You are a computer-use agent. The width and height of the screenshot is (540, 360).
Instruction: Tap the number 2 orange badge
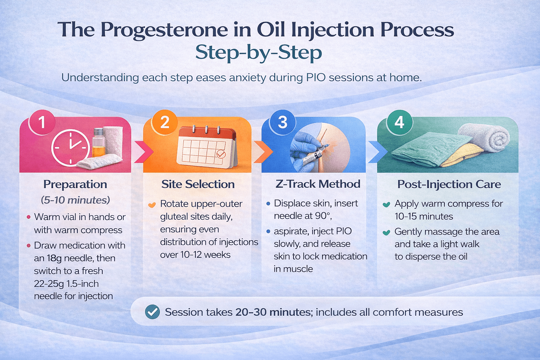pyautogui.click(x=165, y=122)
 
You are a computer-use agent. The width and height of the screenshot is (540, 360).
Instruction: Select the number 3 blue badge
pyautogui.click(x=282, y=122)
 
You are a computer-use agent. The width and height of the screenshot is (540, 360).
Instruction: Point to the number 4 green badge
pyautogui.click(x=399, y=122)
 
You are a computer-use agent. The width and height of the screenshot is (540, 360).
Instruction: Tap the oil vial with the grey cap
pyautogui.click(x=98, y=142)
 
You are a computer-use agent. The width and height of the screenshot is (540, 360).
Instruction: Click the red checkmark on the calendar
pyautogui.click(x=221, y=154)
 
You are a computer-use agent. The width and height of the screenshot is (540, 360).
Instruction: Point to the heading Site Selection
pyautogui.click(x=198, y=184)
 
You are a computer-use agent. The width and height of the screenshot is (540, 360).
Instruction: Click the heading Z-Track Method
pyautogui.click(x=318, y=184)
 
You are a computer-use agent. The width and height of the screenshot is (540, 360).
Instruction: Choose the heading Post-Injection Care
pyautogui.click(x=449, y=184)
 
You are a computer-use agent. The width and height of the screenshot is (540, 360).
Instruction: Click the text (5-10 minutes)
pyautogui.click(x=75, y=200)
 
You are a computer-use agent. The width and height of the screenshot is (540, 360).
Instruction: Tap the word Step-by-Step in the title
pyautogui.click(x=258, y=53)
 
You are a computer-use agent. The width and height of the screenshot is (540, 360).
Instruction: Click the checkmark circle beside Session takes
pyautogui.click(x=152, y=312)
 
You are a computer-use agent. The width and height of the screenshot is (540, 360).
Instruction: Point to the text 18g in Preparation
pyautogui.click(x=54, y=258)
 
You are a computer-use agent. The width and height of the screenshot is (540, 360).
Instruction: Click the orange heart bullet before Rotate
pyautogui.click(x=152, y=205)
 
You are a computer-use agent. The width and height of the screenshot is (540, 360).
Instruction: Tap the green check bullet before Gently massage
pyautogui.click(x=386, y=232)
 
